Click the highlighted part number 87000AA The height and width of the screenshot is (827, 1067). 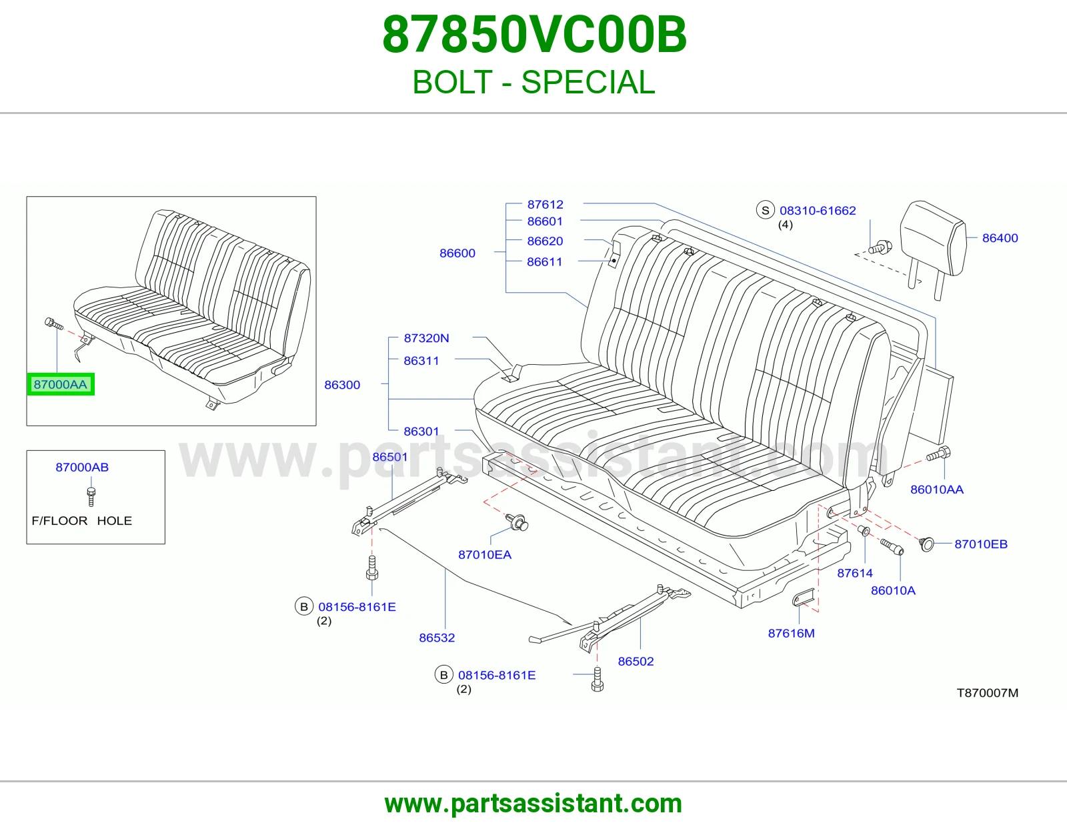tap(61, 384)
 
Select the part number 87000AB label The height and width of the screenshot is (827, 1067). tap(82, 467)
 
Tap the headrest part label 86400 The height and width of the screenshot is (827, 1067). tap(1000, 237)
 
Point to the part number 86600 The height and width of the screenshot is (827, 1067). tap(457, 253)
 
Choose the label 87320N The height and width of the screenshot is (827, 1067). tap(426, 338)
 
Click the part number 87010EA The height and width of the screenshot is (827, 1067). tap(485, 554)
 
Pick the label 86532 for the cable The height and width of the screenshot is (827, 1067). tap(437, 638)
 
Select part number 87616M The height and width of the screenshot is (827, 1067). tap(791, 633)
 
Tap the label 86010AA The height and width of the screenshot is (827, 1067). tap(937, 489)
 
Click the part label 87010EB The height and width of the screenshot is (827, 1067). tap(980, 544)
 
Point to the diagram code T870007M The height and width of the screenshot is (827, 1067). tap(988, 692)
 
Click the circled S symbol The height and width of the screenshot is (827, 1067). tap(765, 210)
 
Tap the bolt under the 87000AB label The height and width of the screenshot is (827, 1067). tap(91, 496)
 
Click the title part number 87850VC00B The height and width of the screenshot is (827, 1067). tap(534, 35)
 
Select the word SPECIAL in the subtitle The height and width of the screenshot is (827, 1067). tap(588, 82)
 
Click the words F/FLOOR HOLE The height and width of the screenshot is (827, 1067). tap(82, 521)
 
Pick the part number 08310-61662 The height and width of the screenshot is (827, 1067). tap(818, 210)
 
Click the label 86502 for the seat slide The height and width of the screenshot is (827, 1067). tap(636, 661)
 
